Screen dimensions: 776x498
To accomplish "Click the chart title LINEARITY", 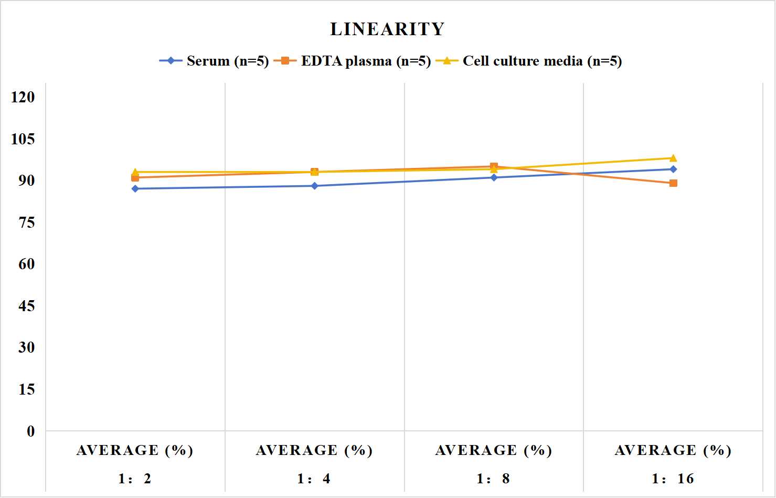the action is coord(387,29).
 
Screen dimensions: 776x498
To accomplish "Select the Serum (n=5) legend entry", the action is coord(214,61).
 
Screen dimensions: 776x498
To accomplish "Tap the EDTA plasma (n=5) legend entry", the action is coord(352,61).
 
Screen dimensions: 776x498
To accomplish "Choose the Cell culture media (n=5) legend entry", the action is coord(529,61).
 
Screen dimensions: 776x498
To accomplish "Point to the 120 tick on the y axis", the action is coord(23,97).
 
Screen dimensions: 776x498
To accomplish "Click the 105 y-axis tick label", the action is coord(23,139).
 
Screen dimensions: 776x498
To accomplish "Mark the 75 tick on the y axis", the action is coord(27,222).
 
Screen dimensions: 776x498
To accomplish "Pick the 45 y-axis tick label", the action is coord(27,306).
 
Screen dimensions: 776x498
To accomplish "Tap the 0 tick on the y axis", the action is coord(31,431).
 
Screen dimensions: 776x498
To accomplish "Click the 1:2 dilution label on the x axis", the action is coord(135,479).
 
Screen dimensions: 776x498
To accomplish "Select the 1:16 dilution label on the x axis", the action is coord(673,479).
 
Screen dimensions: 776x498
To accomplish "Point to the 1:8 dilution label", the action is coord(493,479).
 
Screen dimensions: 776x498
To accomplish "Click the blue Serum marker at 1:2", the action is coord(135,188).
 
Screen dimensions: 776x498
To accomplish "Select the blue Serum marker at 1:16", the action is coord(673,169).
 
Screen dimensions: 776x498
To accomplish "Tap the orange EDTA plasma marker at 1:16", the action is coord(673,183).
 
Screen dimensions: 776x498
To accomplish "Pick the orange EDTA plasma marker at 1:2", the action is coord(135,177).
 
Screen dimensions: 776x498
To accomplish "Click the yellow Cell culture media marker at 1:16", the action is coord(673,158).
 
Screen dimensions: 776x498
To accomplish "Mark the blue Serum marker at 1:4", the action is coord(315,186).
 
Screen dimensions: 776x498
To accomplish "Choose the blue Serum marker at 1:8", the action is coord(494,177).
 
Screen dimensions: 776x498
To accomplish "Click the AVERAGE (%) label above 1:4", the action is coord(314,451).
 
